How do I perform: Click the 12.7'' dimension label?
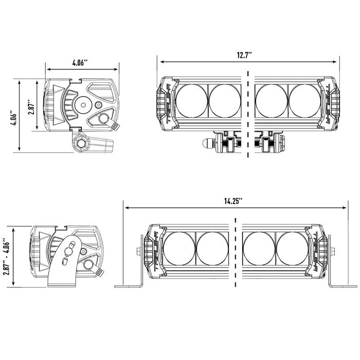tap(244, 56)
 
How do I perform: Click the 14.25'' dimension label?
tap(233, 201)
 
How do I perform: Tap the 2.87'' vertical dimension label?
tap(31, 107)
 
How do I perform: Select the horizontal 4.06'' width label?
tap(80, 63)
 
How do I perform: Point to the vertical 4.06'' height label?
tap(13, 119)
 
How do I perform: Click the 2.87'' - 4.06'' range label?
tap(6, 256)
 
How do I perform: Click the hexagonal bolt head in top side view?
tap(81, 143)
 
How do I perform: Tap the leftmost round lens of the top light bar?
tap(191, 101)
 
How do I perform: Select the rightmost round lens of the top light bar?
tap(305, 101)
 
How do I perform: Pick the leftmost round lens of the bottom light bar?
tap(179, 248)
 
